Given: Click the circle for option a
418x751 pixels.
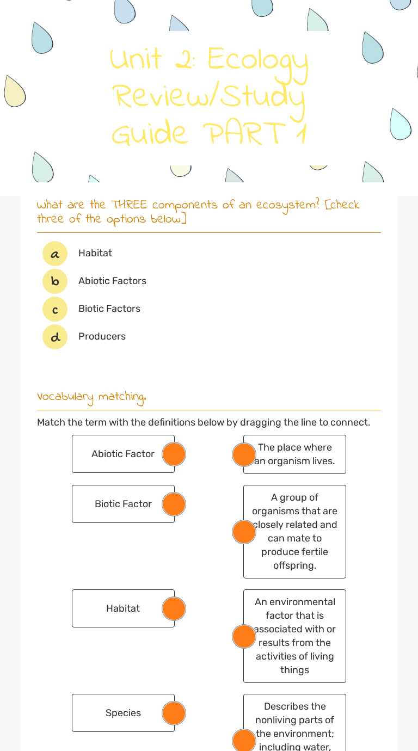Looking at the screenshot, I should point(55,254).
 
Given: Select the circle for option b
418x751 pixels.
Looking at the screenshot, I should point(55,281).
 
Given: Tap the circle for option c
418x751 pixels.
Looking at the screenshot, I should point(55,309).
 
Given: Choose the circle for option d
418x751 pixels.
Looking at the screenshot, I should point(55,337).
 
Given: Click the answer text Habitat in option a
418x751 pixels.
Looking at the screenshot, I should point(95,253).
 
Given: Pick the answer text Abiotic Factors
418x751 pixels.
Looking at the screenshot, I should point(112,281).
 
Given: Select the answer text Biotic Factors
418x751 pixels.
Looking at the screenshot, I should point(109,309).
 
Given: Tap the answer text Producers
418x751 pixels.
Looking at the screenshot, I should point(102,336).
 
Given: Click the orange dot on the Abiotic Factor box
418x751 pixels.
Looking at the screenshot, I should point(174,454).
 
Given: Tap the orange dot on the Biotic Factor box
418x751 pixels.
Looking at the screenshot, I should point(174,504).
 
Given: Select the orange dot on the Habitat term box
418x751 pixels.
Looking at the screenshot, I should point(174,608).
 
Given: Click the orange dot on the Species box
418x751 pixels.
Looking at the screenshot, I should point(174,713).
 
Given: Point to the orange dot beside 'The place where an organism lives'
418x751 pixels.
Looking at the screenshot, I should point(244,454).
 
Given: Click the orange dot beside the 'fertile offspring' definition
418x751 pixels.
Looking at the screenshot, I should point(244,532).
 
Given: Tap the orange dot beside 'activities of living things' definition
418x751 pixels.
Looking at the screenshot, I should point(244,636).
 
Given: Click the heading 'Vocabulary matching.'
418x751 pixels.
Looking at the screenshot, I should point(91,397).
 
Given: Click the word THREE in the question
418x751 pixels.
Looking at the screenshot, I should point(129,205).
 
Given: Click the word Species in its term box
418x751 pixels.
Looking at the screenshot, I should point(123,713).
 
